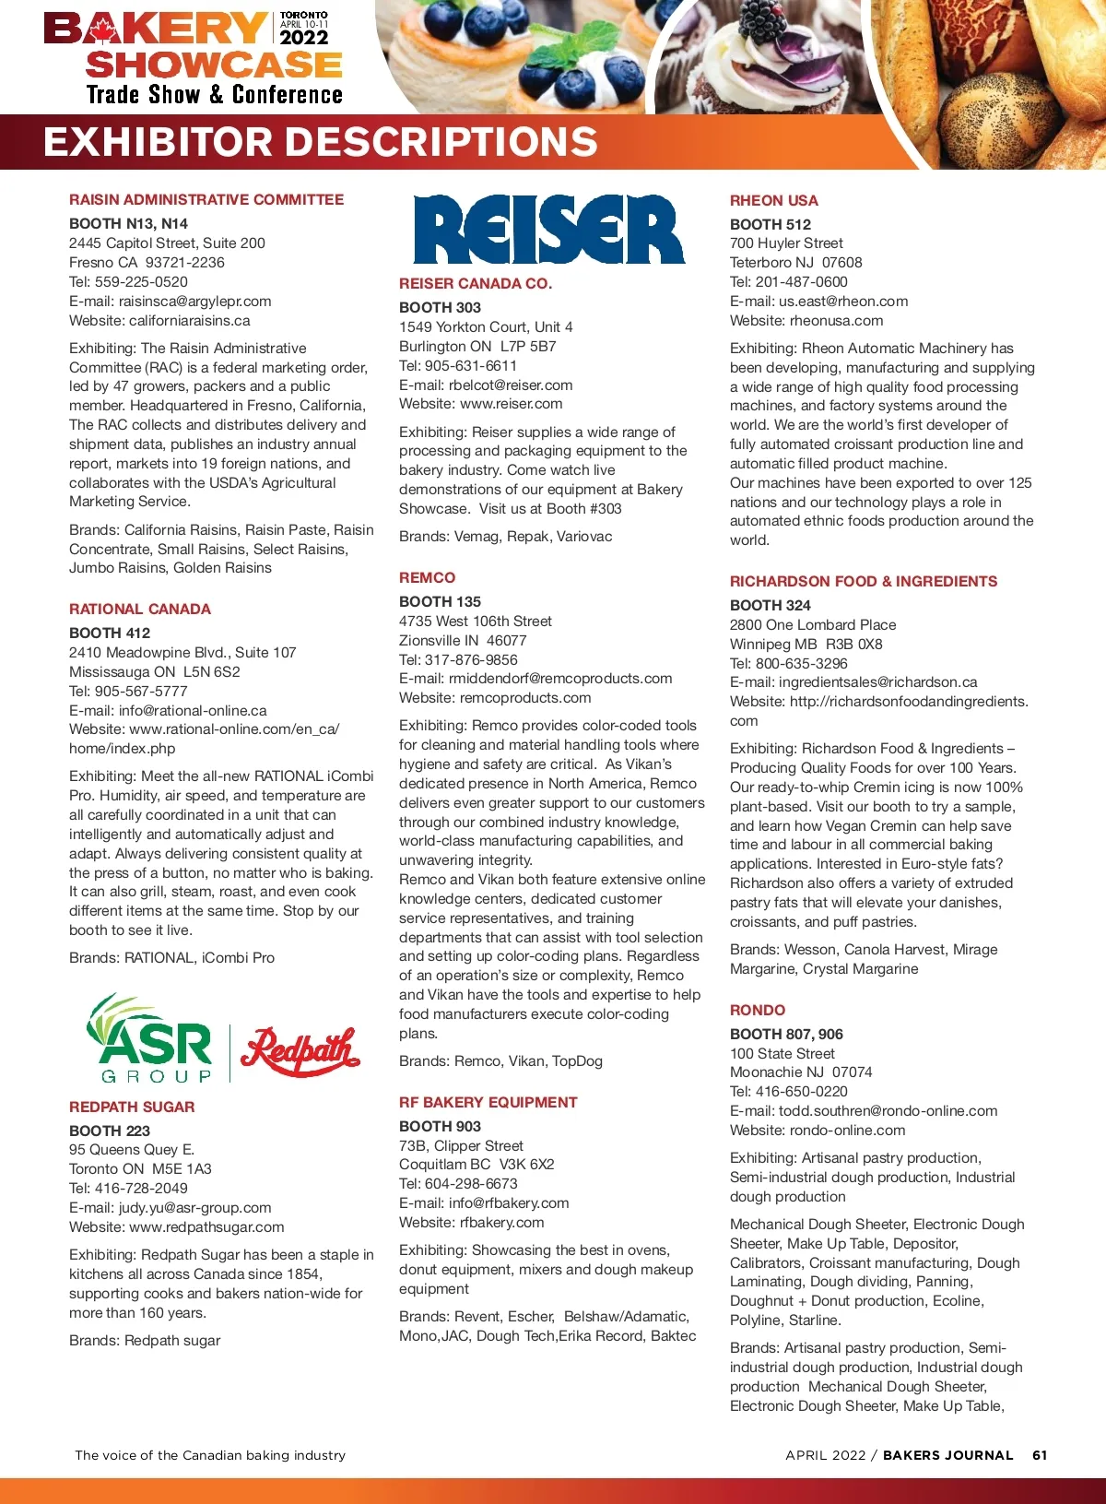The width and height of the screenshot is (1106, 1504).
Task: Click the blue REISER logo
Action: click(548, 230)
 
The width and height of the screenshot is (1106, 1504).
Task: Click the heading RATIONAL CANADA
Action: click(140, 609)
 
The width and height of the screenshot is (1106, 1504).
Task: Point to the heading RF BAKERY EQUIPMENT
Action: click(488, 1102)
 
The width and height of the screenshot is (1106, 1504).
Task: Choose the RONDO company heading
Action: click(758, 1010)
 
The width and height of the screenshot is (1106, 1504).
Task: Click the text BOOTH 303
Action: click(440, 307)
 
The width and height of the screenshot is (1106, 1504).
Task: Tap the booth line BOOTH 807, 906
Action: click(786, 1034)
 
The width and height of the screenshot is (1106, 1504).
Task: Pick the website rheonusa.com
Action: click(836, 320)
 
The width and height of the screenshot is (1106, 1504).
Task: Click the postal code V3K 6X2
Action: click(526, 1164)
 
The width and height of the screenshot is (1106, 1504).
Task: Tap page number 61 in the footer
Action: click(1040, 1455)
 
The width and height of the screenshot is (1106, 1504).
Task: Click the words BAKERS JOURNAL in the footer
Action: click(947, 1455)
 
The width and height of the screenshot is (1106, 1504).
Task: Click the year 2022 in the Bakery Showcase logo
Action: click(304, 38)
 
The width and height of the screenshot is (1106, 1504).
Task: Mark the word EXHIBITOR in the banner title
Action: click(159, 142)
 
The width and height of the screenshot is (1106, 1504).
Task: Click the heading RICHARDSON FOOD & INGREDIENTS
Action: click(863, 581)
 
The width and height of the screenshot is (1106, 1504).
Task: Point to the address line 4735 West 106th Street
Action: click(475, 621)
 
